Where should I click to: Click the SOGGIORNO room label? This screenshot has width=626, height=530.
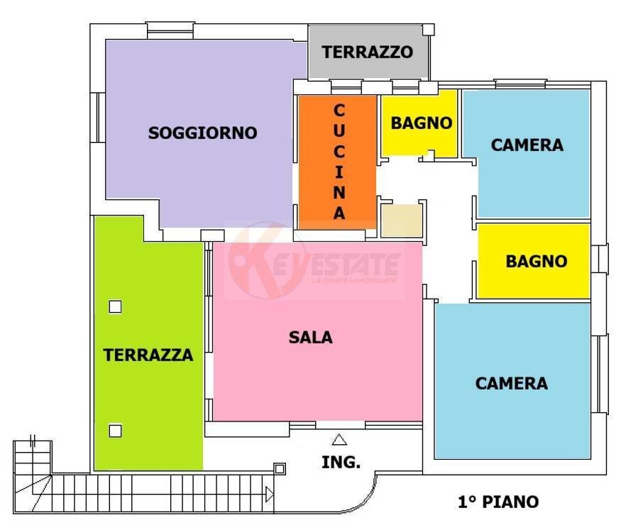click(x=202, y=133)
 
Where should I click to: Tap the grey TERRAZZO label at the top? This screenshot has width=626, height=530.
click(x=367, y=52)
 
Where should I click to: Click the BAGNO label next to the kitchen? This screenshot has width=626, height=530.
click(x=421, y=123)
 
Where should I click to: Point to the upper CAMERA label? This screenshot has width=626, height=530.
click(x=527, y=145)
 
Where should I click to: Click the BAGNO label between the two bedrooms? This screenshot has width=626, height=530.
click(x=536, y=261)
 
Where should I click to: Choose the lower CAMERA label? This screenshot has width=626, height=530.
click(x=511, y=383)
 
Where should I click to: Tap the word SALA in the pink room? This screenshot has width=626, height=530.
click(x=310, y=338)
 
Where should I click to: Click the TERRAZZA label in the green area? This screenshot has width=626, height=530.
click(x=148, y=355)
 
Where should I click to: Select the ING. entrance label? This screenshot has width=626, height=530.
click(x=341, y=463)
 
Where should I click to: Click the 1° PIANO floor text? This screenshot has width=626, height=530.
click(x=497, y=502)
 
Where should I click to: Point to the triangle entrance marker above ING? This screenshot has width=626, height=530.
click(x=339, y=440)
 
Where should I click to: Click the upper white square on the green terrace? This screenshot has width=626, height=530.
click(x=115, y=307)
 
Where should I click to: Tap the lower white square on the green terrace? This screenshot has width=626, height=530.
click(x=115, y=430)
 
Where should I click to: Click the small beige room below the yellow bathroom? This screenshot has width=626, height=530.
click(x=401, y=221)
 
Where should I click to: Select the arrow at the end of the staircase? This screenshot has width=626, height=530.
click(x=269, y=494)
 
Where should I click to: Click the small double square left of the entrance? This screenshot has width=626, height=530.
click(x=280, y=469)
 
